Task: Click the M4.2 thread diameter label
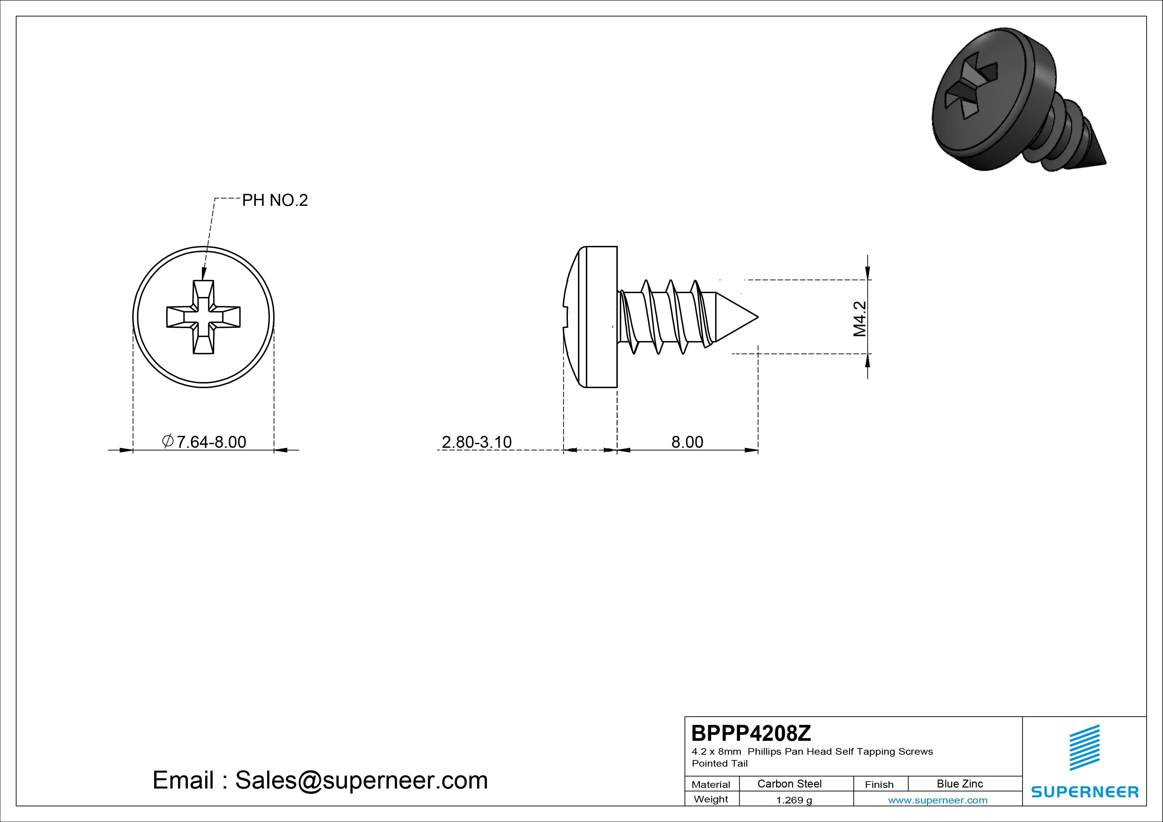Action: tap(860, 319)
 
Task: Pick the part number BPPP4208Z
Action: tap(751, 733)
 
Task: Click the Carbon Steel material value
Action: tap(789, 784)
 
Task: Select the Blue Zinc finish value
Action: tap(960, 784)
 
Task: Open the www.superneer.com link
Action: tap(938, 800)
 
